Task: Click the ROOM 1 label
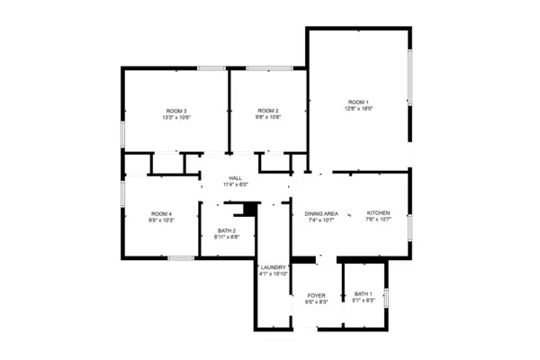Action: pyautogui.click(x=359, y=102)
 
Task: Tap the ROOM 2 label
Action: pyautogui.click(x=268, y=111)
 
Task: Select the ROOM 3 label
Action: pyautogui.click(x=176, y=111)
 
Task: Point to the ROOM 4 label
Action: pyautogui.click(x=160, y=213)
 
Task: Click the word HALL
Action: pyautogui.click(x=235, y=178)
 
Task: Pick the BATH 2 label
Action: pyautogui.click(x=227, y=230)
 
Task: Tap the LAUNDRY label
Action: pyautogui.click(x=273, y=267)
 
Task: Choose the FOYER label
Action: pyautogui.click(x=316, y=295)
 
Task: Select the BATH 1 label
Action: pyautogui.click(x=363, y=294)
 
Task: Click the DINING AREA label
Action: pyautogui.click(x=320, y=213)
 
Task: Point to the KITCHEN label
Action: pyautogui.click(x=378, y=213)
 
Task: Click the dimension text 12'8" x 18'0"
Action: pyautogui.click(x=359, y=109)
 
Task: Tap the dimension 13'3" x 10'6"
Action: pyautogui.click(x=176, y=118)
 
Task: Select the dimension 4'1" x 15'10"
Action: pyautogui.click(x=273, y=274)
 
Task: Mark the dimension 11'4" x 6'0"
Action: pyautogui.click(x=235, y=185)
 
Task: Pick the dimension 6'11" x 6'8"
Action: pyautogui.click(x=227, y=238)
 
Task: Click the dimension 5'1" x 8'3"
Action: pyautogui.click(x=363, y=301)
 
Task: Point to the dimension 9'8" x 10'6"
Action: pyautogui.click(x=268, y=118)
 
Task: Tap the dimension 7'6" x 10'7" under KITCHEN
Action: pyautogui.click(x=378, y=220)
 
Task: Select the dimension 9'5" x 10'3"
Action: pyautogui.click(x=160, y=220)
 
